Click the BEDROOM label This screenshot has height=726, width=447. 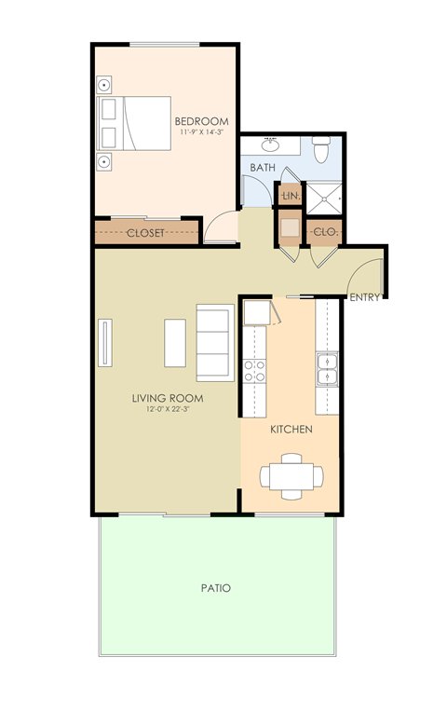(x=201, y=121)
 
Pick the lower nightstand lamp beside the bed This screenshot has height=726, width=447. (x=106, y=162)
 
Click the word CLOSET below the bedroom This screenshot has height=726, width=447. (x=145, y=233)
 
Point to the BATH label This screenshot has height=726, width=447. (x=262, y=168)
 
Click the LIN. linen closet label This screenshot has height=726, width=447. (x=290, y=197)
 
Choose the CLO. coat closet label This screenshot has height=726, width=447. (x=325, y=230)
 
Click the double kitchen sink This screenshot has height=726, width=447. (x=327, y=369)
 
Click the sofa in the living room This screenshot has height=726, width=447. (x=213, y=343)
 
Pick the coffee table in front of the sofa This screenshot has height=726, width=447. (x=175, y=343)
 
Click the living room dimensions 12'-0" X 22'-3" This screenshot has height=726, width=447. (x=168, y=410)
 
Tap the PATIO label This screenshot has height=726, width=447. (x=215, y=589)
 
